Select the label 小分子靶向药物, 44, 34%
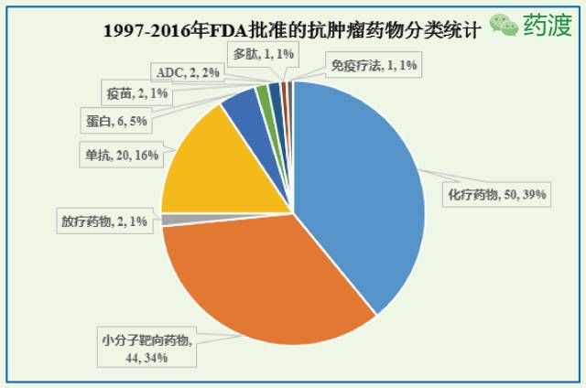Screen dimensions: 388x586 [x=148, y=348]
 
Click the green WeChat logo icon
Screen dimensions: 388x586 [x=504, y=24]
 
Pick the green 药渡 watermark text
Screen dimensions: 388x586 [x=547, y=25]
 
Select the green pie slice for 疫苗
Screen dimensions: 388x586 [x=264, y=94]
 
